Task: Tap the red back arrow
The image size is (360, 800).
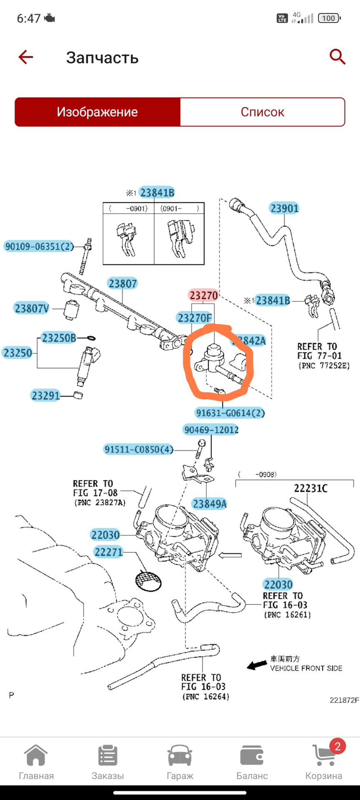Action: pos(25,57)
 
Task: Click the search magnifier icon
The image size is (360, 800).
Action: pos(337,57)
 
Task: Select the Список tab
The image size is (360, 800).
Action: pos(262,112)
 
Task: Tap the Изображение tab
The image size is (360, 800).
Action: pos(97,112)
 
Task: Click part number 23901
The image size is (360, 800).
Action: pos(284,208)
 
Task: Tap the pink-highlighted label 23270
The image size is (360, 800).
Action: pos(203,295)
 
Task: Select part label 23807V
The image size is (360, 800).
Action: pos(32,309)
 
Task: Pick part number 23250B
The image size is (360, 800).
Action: pos(59,338)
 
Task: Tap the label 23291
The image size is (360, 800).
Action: pos(46,395)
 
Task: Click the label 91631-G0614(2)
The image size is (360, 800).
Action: pos(230,413)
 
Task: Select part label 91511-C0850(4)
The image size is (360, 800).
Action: pos(138,450)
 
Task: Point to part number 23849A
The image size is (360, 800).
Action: pos(209,504)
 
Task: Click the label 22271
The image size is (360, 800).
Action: pos(108,552)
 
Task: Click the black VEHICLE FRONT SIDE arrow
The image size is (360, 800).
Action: pos(257,665)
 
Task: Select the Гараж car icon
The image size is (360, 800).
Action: pos(180,756)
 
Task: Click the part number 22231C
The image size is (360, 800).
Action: pos(310,488)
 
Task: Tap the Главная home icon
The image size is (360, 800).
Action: pos(36,756)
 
